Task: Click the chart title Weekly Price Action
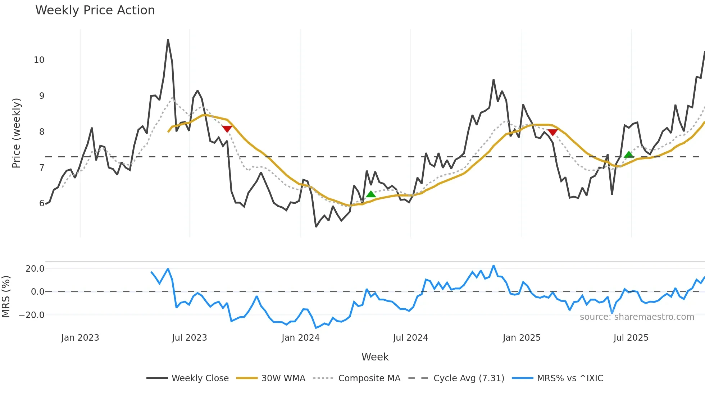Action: pyautogui.click(x=95, y=10)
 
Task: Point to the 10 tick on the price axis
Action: pyautogui.click(x=39, y=60)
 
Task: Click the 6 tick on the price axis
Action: pyautogui.click(x=42, y=203)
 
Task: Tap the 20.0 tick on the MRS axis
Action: pyautogui.click(x=35, y=269)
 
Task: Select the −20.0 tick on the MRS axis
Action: pyautogui.click(x=32, y=315)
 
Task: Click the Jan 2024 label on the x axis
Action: pyautogui.click(x=300, y=338)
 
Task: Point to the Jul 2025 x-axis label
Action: pyautogui.click(x=631, y=338)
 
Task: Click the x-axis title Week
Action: pyautogui.click(x=375, y=357)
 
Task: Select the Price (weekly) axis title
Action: pyautogui.click(x=17, y=133)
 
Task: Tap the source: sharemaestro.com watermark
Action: pyautogui.click(x=637, y=317)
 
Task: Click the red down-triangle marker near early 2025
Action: pyautogui.click(x=552, y=132)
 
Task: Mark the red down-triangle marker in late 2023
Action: pyautogui.click(x=227, y=129)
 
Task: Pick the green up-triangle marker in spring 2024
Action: pyautogui.click(x=371, y=194)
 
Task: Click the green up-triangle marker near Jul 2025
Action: pyautogui.click(x=628, y=155)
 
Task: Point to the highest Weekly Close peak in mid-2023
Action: pyautogui.click(x=168, y=40)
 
